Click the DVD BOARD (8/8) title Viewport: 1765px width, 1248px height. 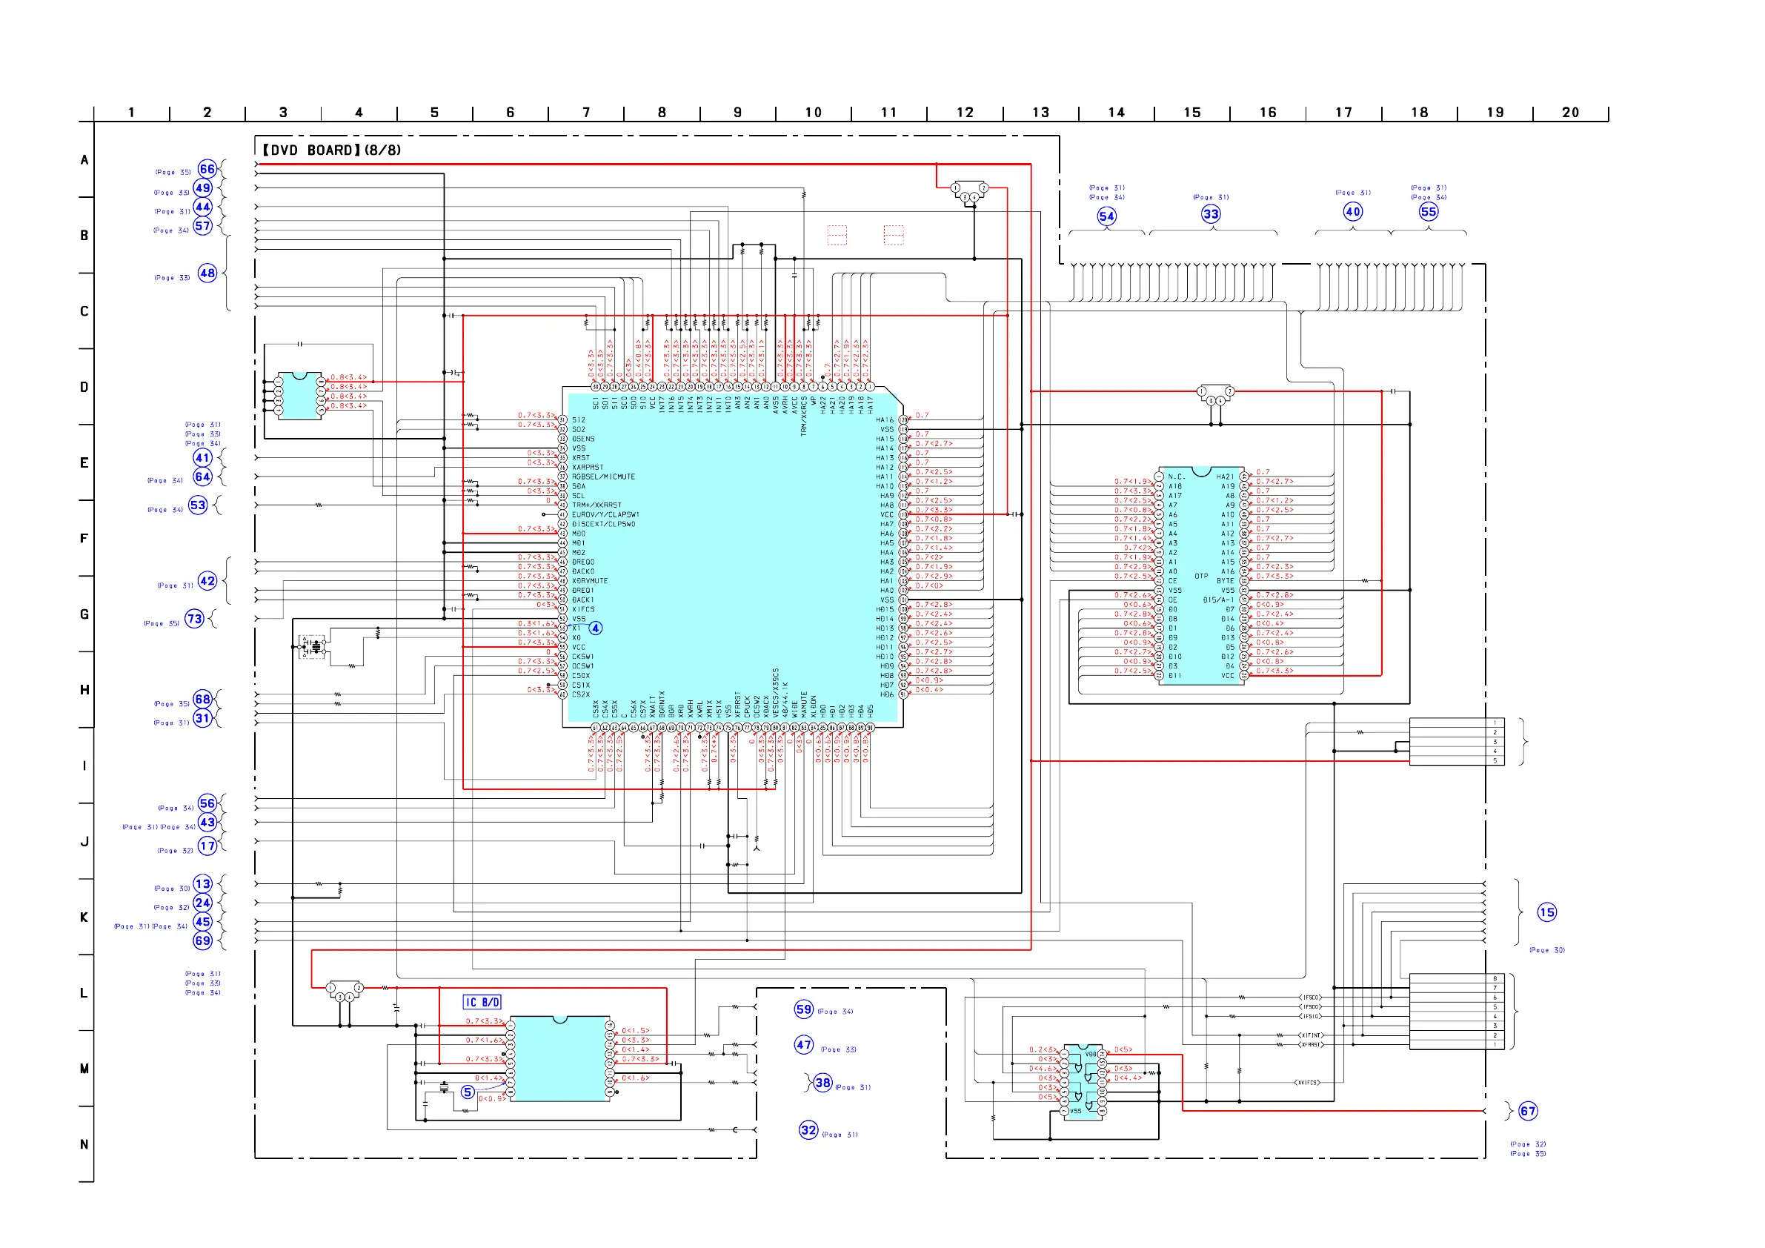[331, 150]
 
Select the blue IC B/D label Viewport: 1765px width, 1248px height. [482, 1002]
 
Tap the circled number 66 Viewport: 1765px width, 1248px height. [207, 169]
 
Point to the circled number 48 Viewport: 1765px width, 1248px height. [207, 273]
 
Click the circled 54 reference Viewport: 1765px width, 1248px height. [1106, 216]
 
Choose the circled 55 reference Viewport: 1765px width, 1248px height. [1429, 211]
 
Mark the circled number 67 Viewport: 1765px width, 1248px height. [1527, 1111]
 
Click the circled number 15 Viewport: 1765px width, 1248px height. [1546, 913]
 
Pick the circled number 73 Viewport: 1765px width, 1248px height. [194, 619]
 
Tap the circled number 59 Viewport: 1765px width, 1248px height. [804, 1009]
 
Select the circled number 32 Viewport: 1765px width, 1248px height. [808, 1129]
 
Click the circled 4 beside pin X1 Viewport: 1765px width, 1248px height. [596, 628]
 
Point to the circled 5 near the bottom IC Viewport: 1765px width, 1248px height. [468, 1092]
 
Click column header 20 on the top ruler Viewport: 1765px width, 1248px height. [1571, 112]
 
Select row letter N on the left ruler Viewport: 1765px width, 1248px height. [84, 1144]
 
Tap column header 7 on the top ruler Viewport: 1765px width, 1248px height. [586, 112]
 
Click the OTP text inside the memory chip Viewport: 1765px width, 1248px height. [1201, 576]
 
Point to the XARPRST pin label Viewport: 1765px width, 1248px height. [588, 468]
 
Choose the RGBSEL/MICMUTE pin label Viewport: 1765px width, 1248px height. [603, 477]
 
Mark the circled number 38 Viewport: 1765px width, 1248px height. [822, 1083]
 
